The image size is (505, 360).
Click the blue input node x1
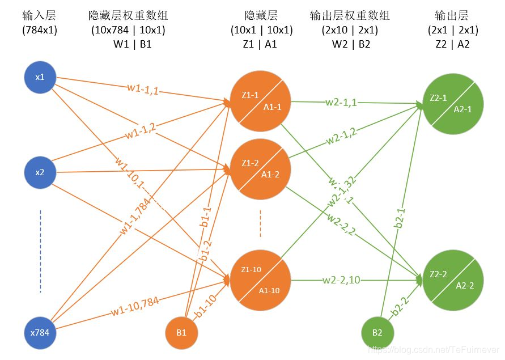tap(40, 78)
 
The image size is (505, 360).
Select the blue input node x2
tap(40, 172)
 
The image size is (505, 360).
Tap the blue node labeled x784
tap(40, 332)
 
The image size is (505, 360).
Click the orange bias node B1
tap(181, 332)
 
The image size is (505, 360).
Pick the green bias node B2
tap(377, 332)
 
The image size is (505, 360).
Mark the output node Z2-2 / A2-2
tap(453, 279)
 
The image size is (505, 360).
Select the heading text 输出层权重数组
tap(350, 15)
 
